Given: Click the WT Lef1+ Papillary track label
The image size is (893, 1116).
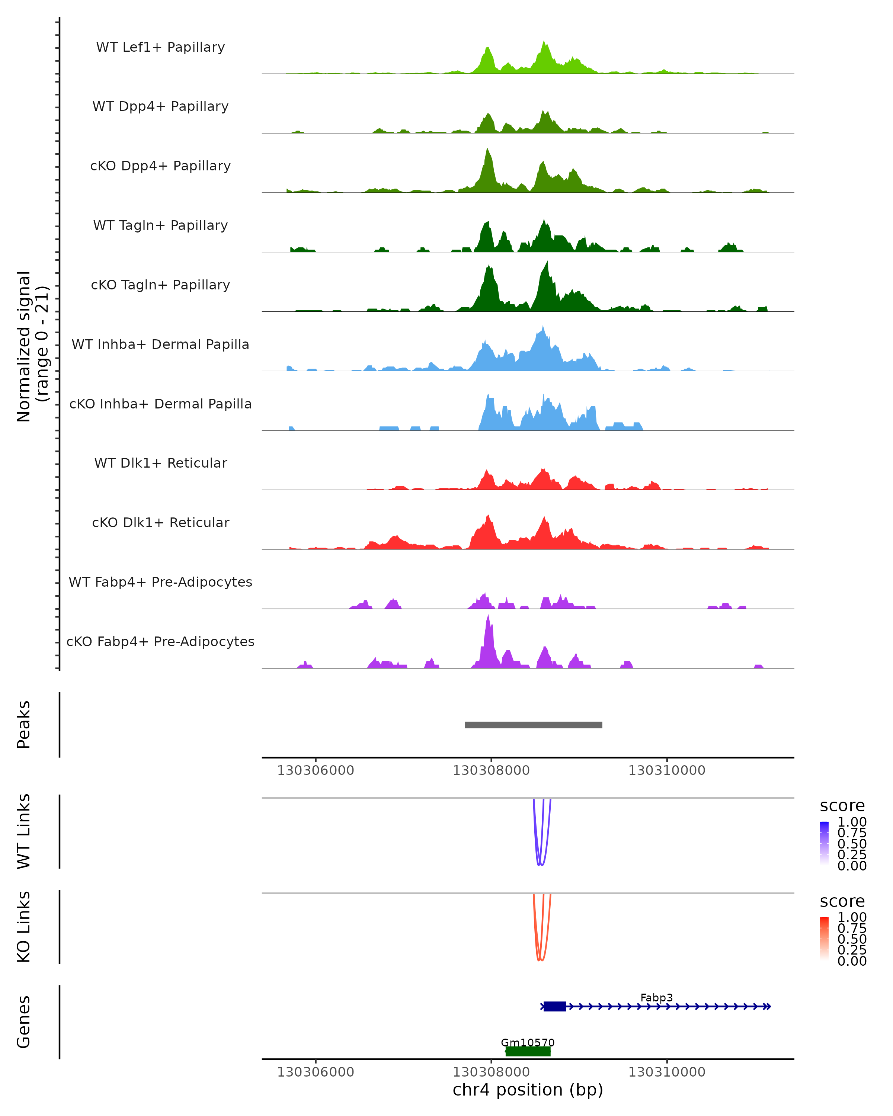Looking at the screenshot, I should pyautogui.click(x=160, y=47).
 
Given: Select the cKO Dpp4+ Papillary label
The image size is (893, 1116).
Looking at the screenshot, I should pyautogui.click(x=160, y=166).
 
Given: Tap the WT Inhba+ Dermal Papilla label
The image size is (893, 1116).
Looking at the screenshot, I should pyautogui.click(x=160, y=344).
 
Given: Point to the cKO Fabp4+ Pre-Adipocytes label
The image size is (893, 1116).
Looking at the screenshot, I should pyautogui.click(x=160, y=641).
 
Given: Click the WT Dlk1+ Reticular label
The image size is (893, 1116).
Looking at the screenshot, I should pyautogui.click(x=160, y=463).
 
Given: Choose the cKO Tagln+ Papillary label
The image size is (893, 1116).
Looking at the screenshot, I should pyautogui.click(x=160, y=285).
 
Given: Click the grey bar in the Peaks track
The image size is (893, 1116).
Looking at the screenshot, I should pyautogui.click(x=533, y=725).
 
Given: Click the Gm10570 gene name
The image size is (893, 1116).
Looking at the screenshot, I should pyautogui.click(x=528, y=1042).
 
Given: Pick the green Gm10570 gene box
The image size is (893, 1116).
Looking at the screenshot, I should pyautogui.click(x=528, y=1051).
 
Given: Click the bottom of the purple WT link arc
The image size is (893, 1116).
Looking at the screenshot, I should pyautogui.click(x=540, y=865).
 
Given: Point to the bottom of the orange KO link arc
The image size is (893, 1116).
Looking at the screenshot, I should pyautogui.click(x=540, y=960).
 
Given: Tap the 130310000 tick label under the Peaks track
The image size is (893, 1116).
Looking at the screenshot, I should pyautogui.click(x=667, y=770).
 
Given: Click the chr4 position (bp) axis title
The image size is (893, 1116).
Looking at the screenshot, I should pyautogui.click(x=528, y=1090).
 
